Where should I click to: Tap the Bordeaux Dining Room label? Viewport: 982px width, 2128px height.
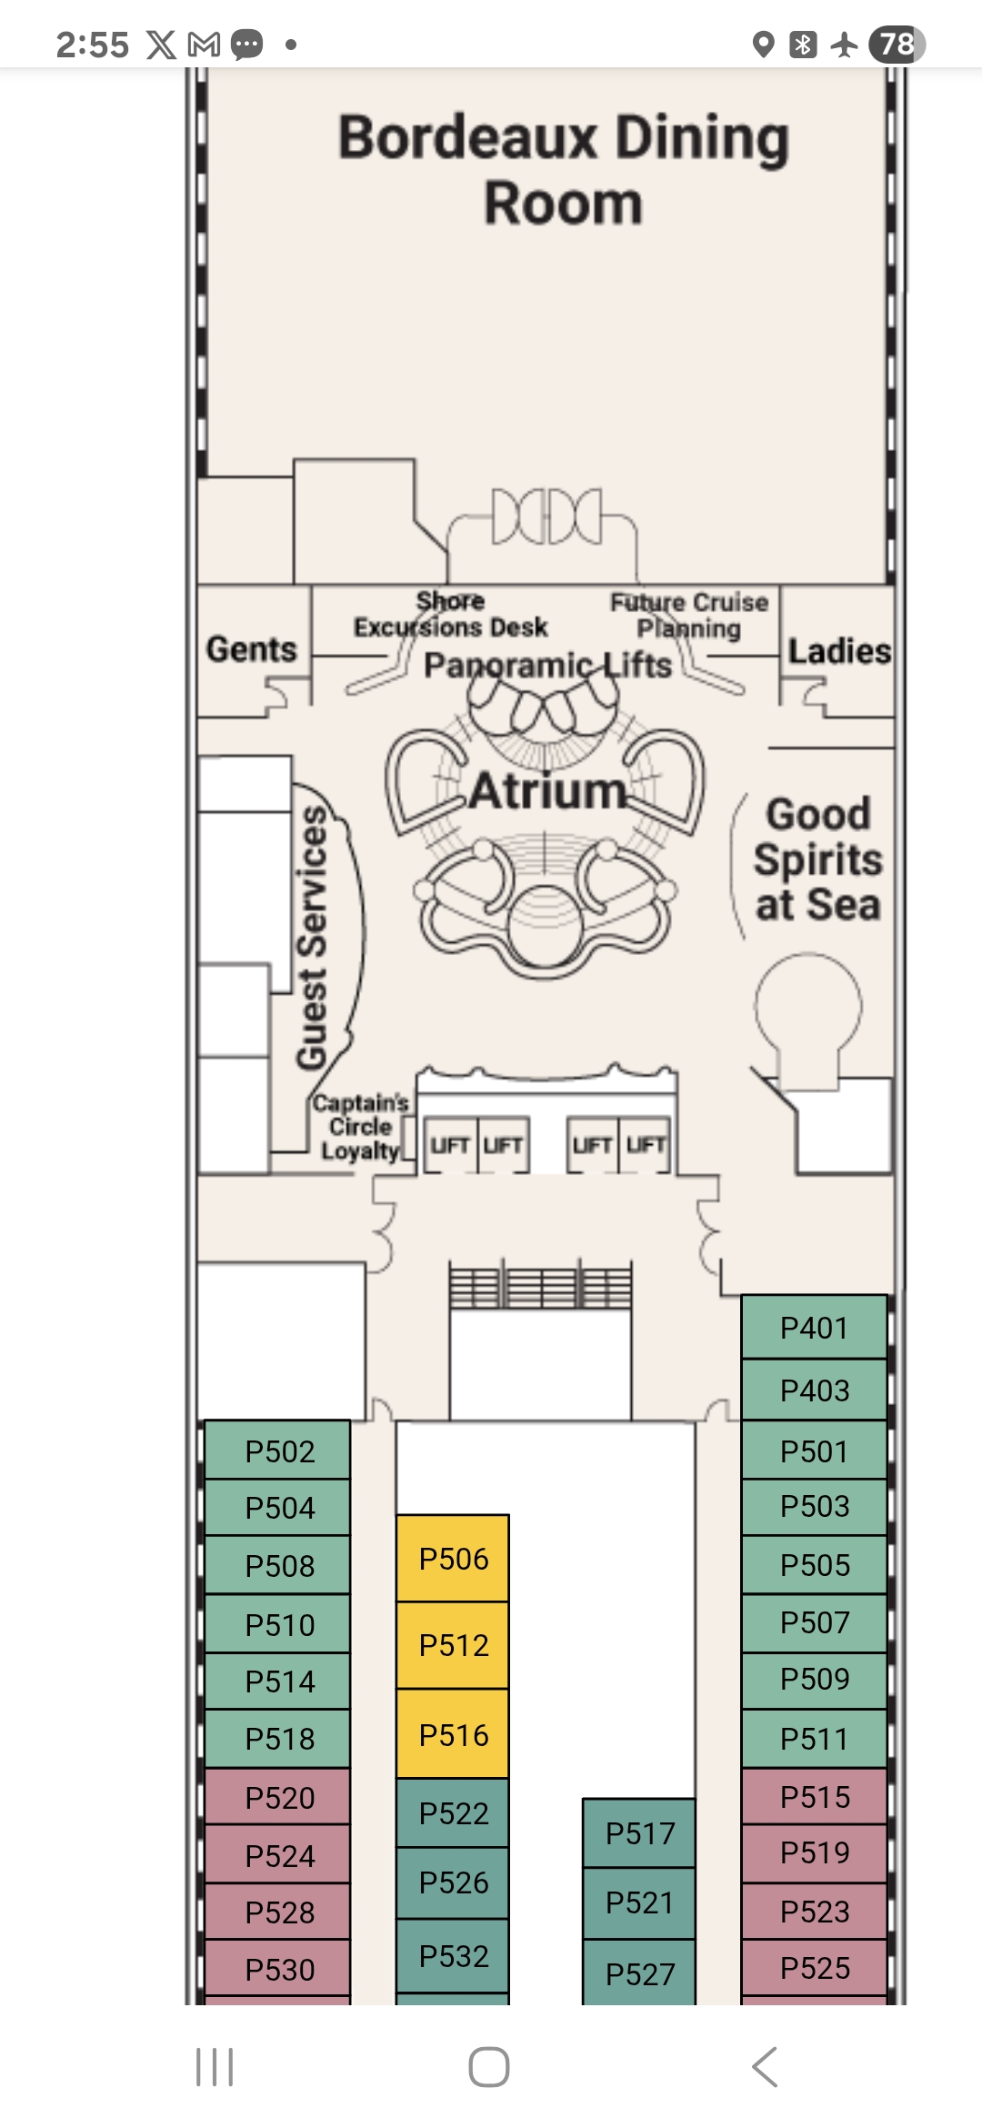[564, 170]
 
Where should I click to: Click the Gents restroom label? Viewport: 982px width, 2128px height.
[252, 649]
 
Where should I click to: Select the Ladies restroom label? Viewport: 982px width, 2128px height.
[838, 651]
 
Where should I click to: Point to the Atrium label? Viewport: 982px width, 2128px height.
[548, 790]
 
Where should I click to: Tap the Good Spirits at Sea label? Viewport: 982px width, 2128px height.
[817, 859]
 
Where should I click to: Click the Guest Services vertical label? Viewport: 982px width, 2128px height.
[312, 937]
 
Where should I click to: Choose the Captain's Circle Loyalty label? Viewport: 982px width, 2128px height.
[361, 1127]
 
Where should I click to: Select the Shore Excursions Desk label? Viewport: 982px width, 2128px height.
[451, 615]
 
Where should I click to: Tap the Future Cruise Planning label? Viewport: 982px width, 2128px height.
[689, 615]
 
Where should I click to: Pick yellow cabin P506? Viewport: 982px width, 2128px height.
[453, 1559]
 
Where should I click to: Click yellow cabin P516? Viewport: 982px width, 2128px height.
[453, 1735]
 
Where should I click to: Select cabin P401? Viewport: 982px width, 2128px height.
[814, 1328]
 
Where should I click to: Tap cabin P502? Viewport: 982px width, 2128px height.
[279, 1451]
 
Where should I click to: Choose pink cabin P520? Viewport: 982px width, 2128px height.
[279, 1798]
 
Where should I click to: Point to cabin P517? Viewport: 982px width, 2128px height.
[639, 1833]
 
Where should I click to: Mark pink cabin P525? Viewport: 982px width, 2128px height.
[814, 1968]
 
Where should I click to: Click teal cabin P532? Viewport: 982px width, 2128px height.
[453, 1956]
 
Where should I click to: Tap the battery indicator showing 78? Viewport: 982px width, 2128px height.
[897, 44]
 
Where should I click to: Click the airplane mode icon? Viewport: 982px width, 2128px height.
[845, 44]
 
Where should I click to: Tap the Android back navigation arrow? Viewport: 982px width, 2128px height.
[766, 2067]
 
